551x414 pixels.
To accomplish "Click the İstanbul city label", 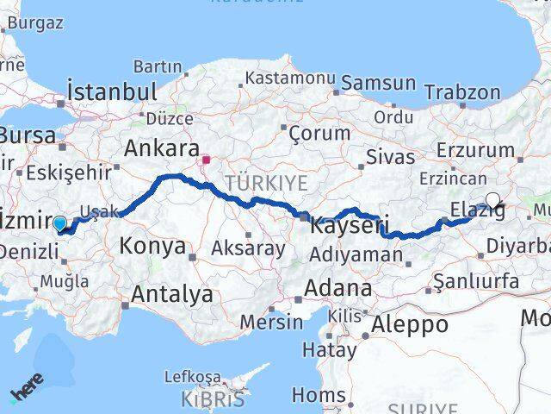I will (112, 92).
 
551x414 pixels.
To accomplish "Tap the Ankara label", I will (162, 148).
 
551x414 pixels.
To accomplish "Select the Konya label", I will (152, 246).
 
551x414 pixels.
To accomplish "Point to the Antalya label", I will (172, 294).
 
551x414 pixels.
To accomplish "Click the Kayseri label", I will (344, 227).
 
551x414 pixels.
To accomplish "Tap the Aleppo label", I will (411, 325).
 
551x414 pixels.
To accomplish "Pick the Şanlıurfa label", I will (476, 281).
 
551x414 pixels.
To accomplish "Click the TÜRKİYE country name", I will (266, 183).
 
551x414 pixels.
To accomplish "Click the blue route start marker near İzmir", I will (59, 224).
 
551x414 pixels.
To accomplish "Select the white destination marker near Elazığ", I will (492, 201).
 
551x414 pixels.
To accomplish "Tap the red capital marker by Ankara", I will (207, 160).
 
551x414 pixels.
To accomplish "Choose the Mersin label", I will (272, 323).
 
